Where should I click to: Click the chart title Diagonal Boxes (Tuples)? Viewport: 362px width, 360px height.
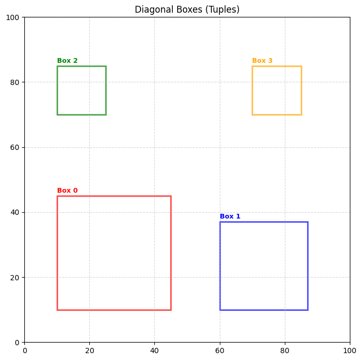tap(187, 10)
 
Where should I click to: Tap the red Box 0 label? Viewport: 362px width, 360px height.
tap(67, 191)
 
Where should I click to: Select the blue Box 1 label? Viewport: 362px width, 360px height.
tap(230, 216)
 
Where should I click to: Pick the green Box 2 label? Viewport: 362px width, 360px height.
tap(67, 61)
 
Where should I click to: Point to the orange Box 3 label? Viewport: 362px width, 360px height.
tap(262, 61)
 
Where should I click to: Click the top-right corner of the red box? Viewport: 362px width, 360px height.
tap(171, 196)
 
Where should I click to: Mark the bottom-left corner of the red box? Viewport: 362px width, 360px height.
tap(57, 310)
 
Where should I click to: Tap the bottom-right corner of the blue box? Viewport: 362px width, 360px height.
tap(308, 310)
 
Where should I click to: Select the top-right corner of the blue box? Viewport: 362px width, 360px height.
tap(308, 222)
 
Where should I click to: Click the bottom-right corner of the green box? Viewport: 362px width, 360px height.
tap(106, 115)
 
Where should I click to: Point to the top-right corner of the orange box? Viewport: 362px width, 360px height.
tap(301, 66)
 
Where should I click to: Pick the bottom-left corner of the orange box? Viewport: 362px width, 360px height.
tap(252, 115)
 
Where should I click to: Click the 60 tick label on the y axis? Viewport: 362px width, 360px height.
tap(15, 147)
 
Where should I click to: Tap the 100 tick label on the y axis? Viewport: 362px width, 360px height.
tap(13, 17)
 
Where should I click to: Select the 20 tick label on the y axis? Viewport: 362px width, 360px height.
tap(15, 278)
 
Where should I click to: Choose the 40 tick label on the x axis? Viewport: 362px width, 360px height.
tap(154, 350)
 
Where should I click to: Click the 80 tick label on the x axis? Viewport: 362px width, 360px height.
tap(285, 350)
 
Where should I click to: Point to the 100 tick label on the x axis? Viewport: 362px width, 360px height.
tap(350, 350)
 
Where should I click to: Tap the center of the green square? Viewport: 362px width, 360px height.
tap(81, 90)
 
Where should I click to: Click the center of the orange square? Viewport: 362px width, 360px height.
tap(276, 90)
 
